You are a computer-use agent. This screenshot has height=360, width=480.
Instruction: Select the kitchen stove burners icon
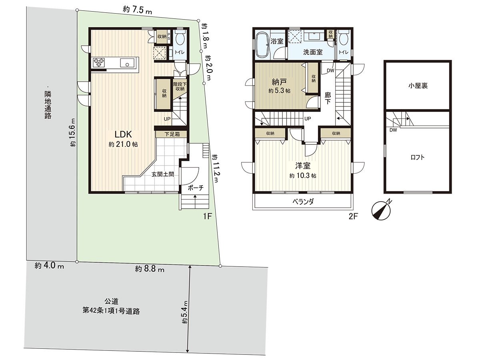coord(99,62)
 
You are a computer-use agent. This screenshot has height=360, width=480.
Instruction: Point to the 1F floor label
coord(207,216)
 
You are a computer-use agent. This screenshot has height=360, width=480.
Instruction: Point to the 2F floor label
coord(352,216)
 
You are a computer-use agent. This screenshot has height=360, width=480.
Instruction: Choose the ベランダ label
coord(302,202)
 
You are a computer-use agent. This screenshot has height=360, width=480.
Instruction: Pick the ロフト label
coord(417,157)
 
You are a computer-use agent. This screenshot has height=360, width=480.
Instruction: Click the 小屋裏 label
coord(418,86)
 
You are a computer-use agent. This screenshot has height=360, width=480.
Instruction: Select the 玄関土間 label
coord(162,174)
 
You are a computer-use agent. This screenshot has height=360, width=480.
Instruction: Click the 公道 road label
coord(111,301)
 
